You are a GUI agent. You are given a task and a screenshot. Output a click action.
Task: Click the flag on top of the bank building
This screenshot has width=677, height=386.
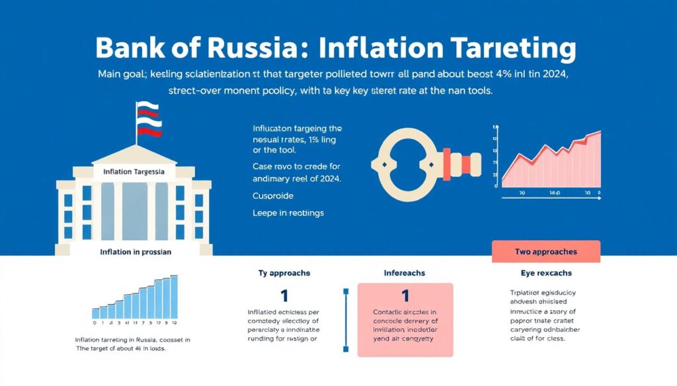coord(149,119)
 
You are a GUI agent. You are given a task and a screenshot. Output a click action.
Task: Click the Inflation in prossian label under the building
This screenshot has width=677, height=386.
coord(136,251)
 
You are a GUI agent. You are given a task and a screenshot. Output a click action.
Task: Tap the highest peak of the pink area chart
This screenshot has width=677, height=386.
coord(599,133)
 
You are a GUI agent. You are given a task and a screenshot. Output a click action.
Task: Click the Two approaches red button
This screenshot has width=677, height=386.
coord(546,251)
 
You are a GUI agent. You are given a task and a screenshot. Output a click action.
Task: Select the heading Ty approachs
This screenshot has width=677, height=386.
coord(284,273)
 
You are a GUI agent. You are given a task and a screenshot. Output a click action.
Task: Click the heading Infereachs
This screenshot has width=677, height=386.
coord(405,273)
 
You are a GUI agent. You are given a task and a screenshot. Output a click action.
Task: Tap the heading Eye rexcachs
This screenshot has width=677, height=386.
coord(547,273)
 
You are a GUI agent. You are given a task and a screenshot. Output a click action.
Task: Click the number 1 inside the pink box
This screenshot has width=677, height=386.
coord(405,296)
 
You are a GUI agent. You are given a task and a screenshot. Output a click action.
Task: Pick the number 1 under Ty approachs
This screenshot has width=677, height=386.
coord(284,296)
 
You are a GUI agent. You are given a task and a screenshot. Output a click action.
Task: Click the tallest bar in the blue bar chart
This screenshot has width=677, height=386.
coord(174,297)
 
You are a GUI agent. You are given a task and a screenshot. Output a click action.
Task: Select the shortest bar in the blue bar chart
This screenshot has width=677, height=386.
coord(95,313)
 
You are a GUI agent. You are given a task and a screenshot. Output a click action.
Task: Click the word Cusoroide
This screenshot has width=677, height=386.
coord(273,196)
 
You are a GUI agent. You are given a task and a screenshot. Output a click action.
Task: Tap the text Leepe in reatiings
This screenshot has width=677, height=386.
coord(288,213)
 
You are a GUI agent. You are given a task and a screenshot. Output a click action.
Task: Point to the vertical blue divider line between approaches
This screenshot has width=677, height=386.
coord(345,320)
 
